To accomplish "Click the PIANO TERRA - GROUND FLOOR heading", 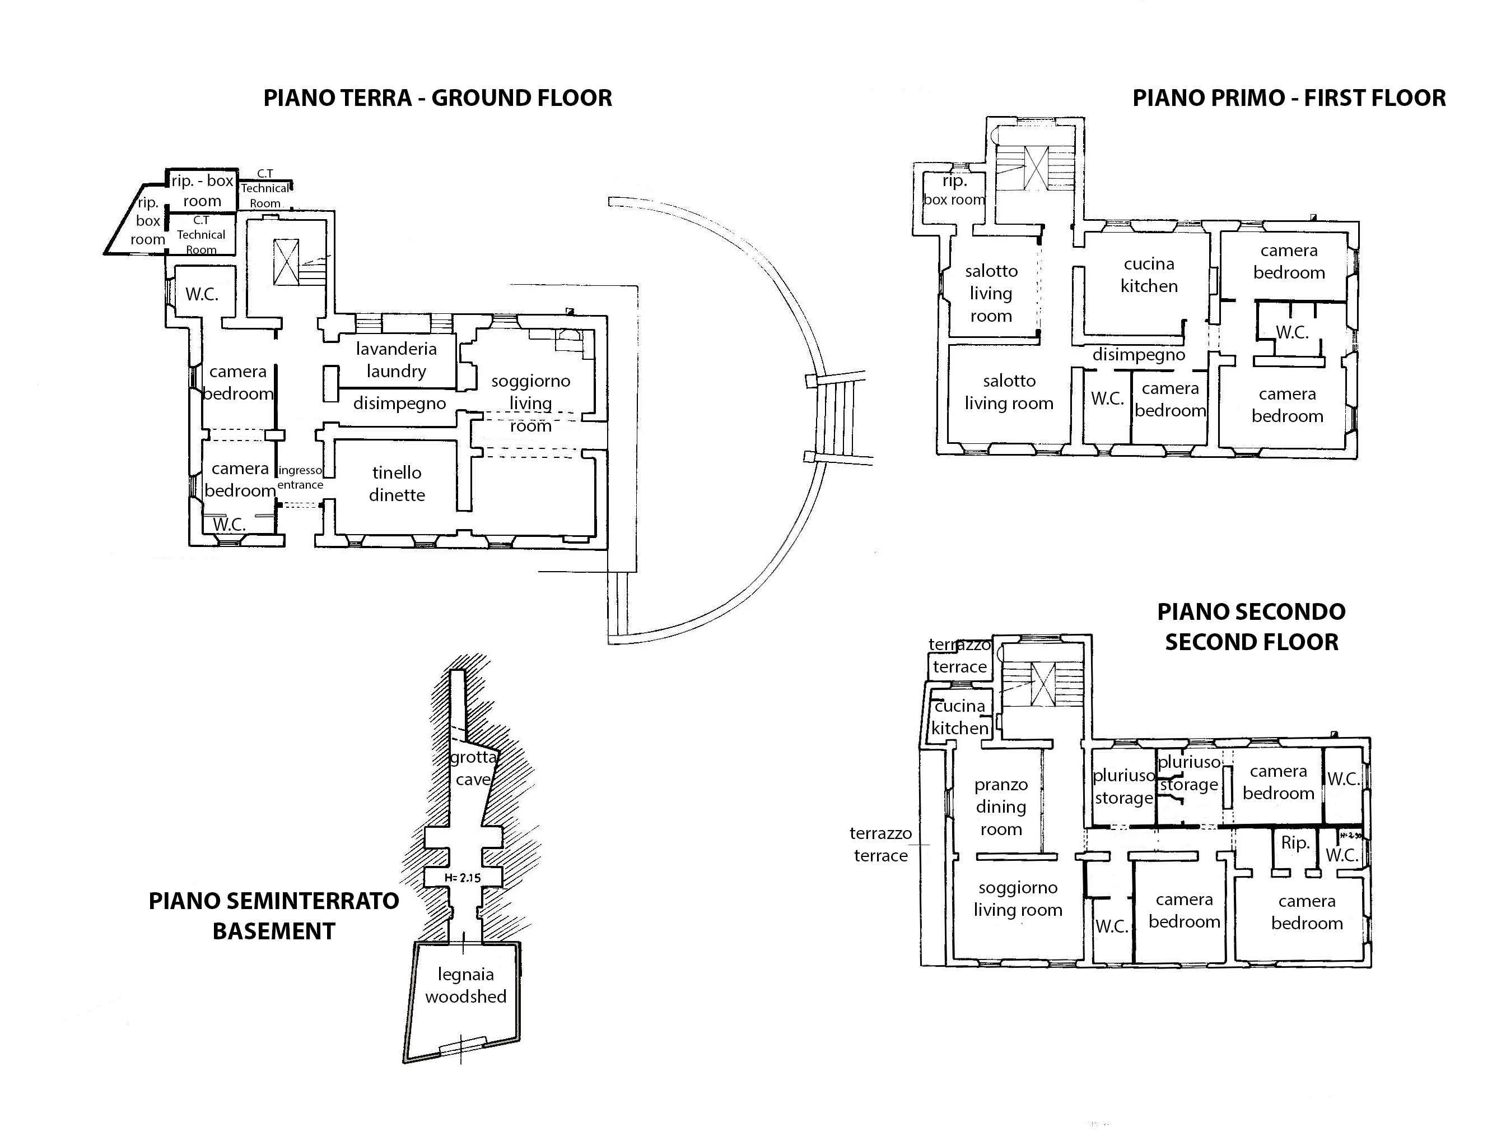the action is (x=437, y=98).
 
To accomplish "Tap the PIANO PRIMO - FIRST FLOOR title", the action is (x=1289, y=98).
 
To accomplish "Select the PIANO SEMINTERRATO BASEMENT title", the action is (x=274, y=916).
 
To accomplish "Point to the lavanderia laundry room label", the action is (x=396, y=360).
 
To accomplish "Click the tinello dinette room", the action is (x=397, y=484).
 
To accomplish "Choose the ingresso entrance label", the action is (x=300, y=477).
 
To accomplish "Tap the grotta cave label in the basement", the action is (x=473, y=768).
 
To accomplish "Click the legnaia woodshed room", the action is (x=465, y=985).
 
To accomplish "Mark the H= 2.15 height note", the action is (x=463, y=878).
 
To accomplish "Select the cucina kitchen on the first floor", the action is (x=1149, y=275).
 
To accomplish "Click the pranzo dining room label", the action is (x=1001, y=806).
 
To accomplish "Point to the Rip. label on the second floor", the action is (x=1295, y=842).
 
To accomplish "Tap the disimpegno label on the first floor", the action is (x=1139, y=355).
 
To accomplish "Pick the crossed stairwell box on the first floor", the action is (x=1036, y=168).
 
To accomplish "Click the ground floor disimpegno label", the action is (x=399, y=404).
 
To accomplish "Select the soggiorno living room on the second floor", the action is (x=1018, y=899).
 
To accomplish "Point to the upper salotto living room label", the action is (x=991, y=294).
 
